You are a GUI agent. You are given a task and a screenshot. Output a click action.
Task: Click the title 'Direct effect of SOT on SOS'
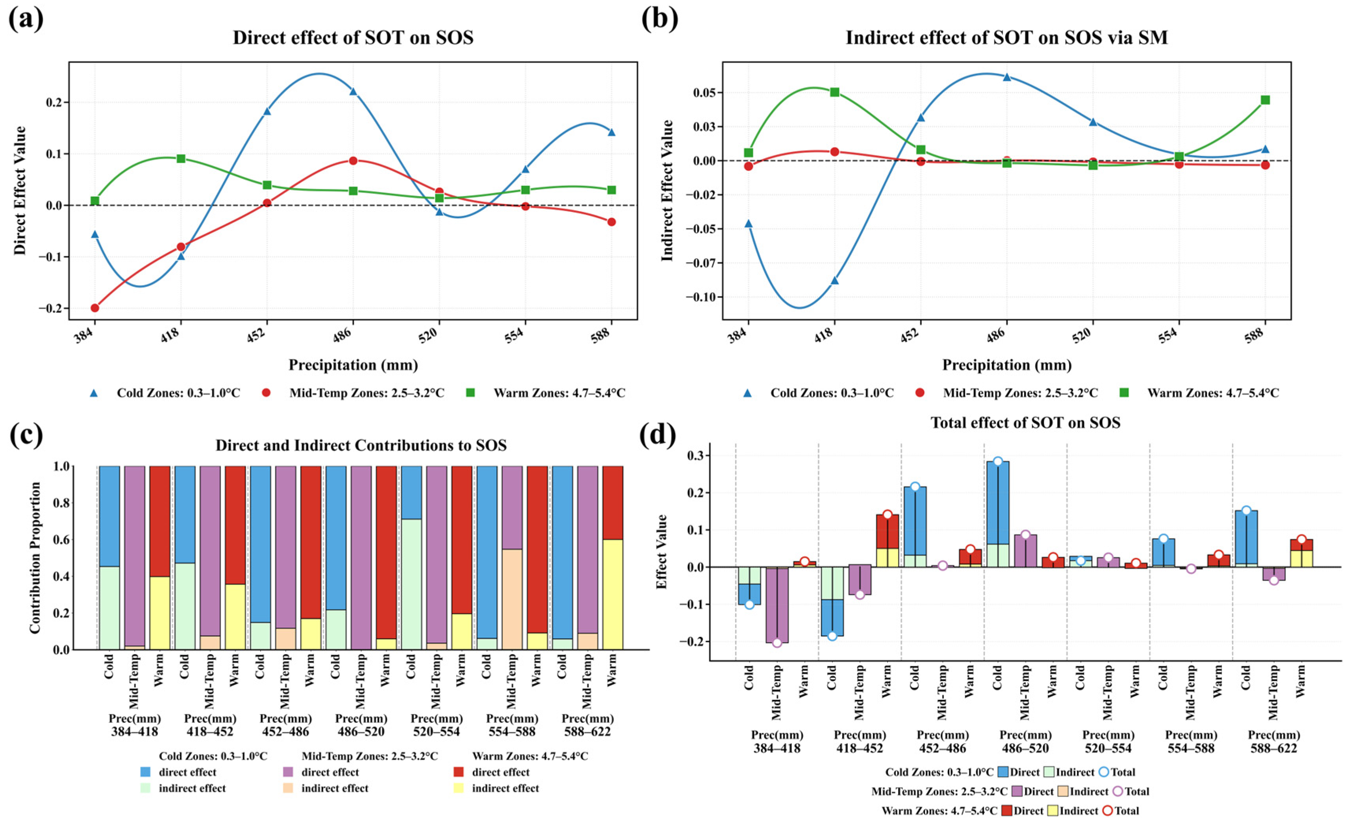(353, 37)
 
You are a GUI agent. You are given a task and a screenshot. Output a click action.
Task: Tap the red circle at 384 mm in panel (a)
(95, 308)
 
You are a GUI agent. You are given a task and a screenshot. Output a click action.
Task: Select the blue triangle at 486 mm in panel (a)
(353, 91)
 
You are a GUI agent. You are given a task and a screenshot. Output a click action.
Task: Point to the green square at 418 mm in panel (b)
(834, 92)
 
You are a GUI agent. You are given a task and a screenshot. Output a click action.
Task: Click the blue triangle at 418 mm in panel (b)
(834, 280)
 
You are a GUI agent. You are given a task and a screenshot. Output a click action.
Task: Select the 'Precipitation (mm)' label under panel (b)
(1007, 365)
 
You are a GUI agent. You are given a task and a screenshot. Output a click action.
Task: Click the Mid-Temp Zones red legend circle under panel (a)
(267, 393)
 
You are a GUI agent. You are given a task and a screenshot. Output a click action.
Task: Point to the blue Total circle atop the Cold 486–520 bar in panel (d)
(998, 461)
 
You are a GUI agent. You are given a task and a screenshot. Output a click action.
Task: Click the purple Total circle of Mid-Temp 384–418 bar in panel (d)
(777, 643)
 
